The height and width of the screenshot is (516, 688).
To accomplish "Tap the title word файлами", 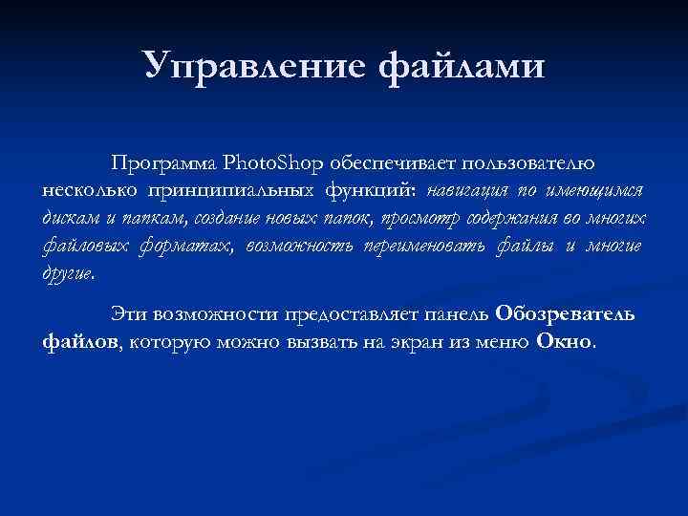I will click(x=462, y=67).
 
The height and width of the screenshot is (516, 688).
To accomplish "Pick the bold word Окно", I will click(x=565, y=342).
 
